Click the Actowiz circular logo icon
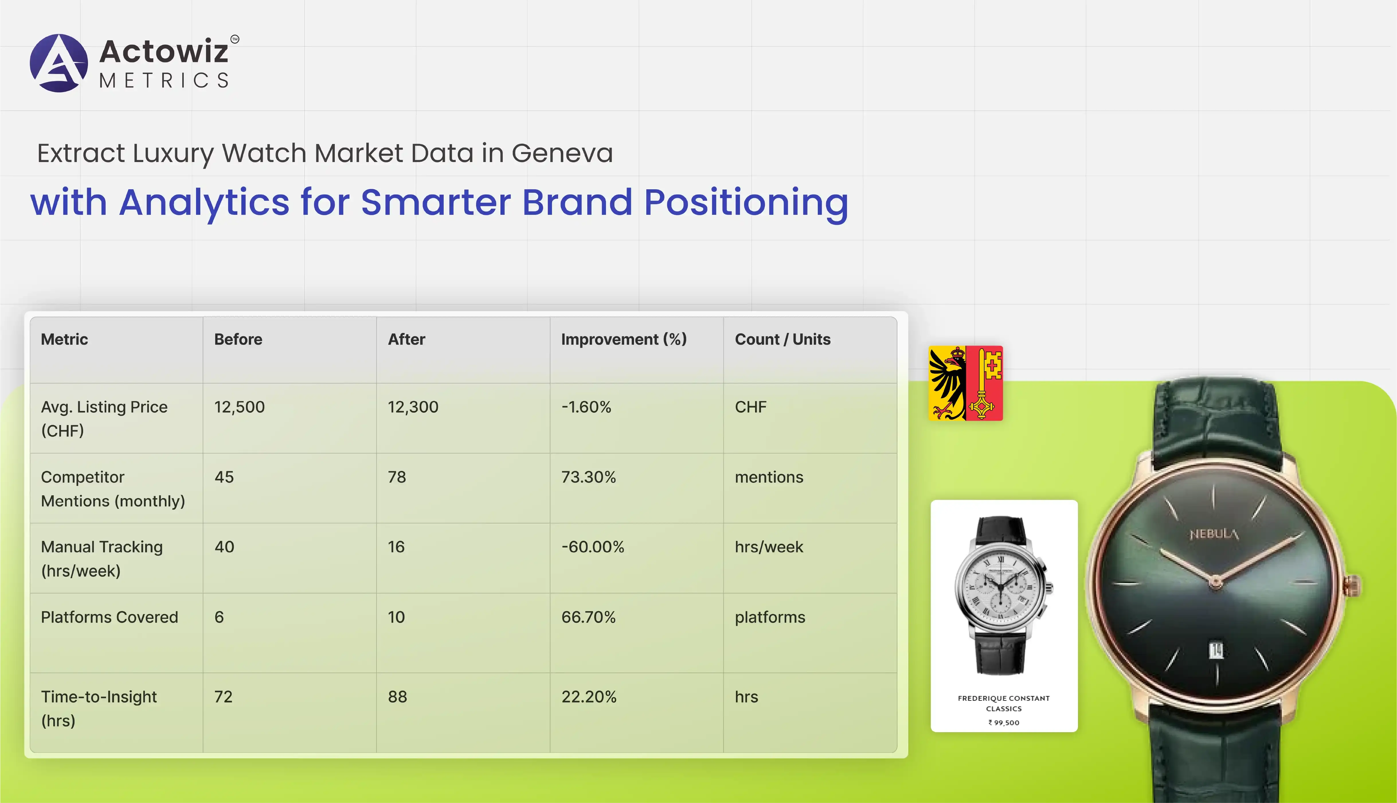(58, 63)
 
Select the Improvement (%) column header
(624, 339)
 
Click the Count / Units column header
(782, 339)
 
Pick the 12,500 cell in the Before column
(239, 407)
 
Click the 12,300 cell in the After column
(413, 407)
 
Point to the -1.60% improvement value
(586, 407)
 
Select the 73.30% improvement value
(588, 477)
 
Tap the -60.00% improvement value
(592, 547)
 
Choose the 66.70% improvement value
(588, 617)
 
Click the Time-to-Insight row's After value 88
(397, 697)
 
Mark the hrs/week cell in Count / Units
(769, 547)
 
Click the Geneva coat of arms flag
(966, 383)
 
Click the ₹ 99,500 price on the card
(1004, 722)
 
